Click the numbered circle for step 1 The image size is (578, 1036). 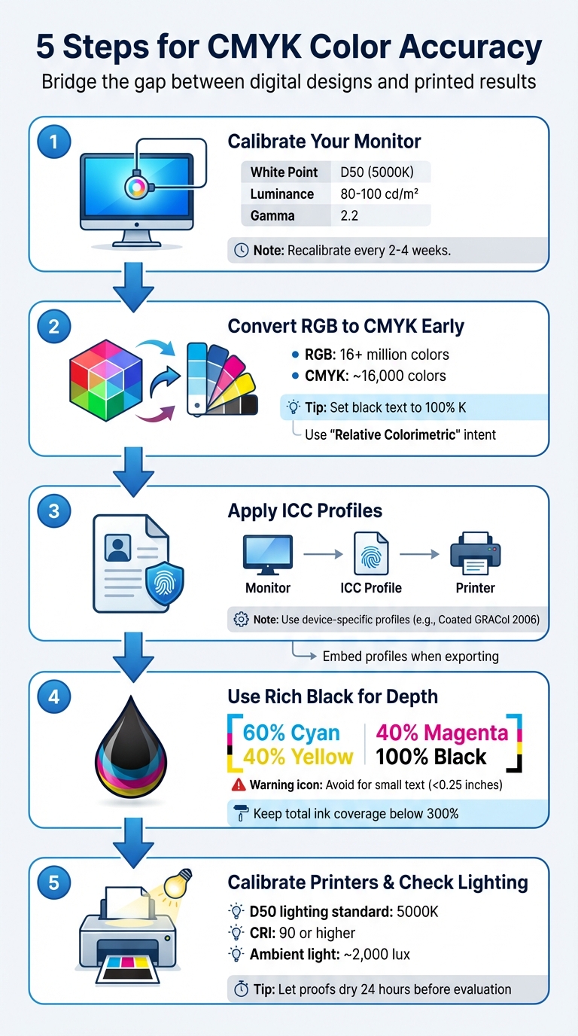53,142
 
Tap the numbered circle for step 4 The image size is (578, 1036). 53,696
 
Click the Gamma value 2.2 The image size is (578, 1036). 349,215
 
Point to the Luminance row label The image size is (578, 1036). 282,193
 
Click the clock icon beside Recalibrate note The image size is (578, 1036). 242,250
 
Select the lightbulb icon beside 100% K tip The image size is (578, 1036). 294,407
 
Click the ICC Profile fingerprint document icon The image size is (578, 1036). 372,554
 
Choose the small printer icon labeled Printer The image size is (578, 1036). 475,554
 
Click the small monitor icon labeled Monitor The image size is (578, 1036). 268,554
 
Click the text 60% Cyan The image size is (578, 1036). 291,733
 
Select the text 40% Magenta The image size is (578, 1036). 442,733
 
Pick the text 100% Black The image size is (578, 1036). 431,757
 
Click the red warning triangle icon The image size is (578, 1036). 239,785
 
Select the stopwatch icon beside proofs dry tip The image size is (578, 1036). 241,989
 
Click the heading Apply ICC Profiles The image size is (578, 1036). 305,510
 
